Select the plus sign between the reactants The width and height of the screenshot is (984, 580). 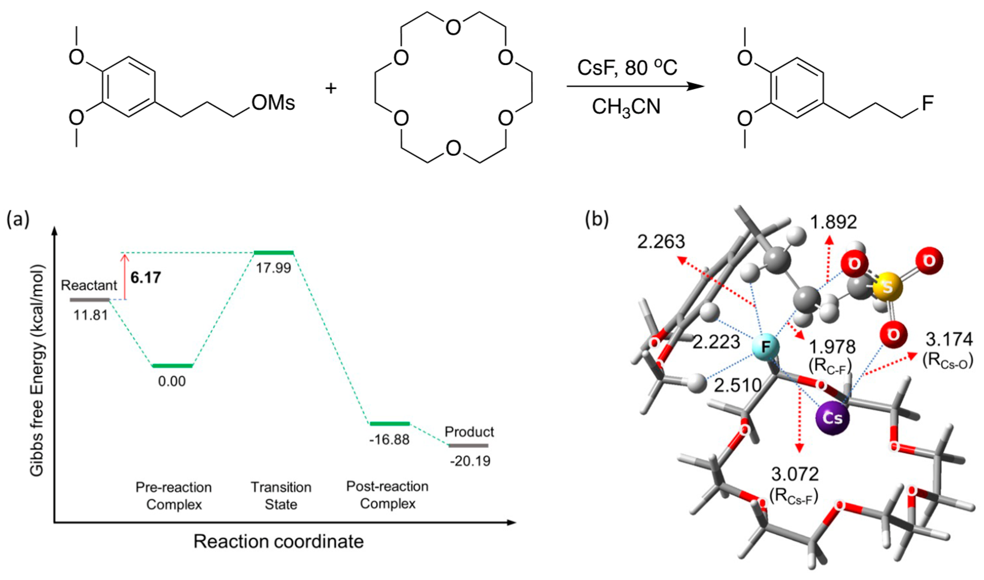[x=331, y=89]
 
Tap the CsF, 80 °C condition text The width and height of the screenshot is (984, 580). [x=627, y=67]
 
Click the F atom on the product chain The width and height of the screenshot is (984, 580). [x=927, y=104]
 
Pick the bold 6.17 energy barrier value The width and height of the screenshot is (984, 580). [x=146, y=277]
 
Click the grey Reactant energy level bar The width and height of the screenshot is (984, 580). [x=90, y=300]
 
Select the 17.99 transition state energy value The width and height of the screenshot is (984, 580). [x=273, y=268]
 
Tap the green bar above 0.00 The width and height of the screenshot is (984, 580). [x=172, y=366]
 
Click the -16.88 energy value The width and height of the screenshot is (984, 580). [x=389, y=440]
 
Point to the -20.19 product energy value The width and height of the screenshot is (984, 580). [x=470, y=461]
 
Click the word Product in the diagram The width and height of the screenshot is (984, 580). [x=469, y=432]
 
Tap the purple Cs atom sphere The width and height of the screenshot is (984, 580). [x=832, y=418]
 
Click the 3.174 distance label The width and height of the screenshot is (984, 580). [x=949, y=339]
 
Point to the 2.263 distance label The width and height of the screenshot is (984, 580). [x=661, y=241]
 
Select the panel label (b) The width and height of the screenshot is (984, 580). [x=596, y=220]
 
